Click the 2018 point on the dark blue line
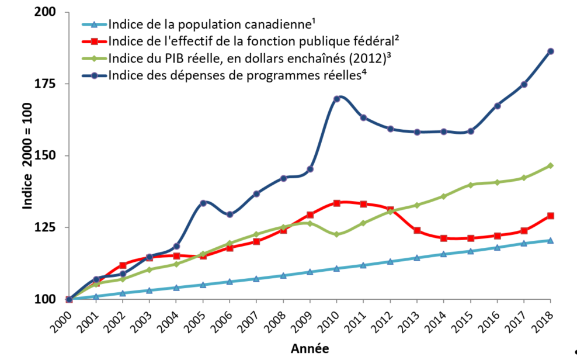550,51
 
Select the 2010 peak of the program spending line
337,99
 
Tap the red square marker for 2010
337,203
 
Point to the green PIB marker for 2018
550,166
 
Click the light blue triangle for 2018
550,240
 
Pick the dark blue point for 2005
203,203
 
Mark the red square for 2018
550,216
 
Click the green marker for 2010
337,234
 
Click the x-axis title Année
310,348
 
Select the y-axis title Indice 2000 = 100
27,155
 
